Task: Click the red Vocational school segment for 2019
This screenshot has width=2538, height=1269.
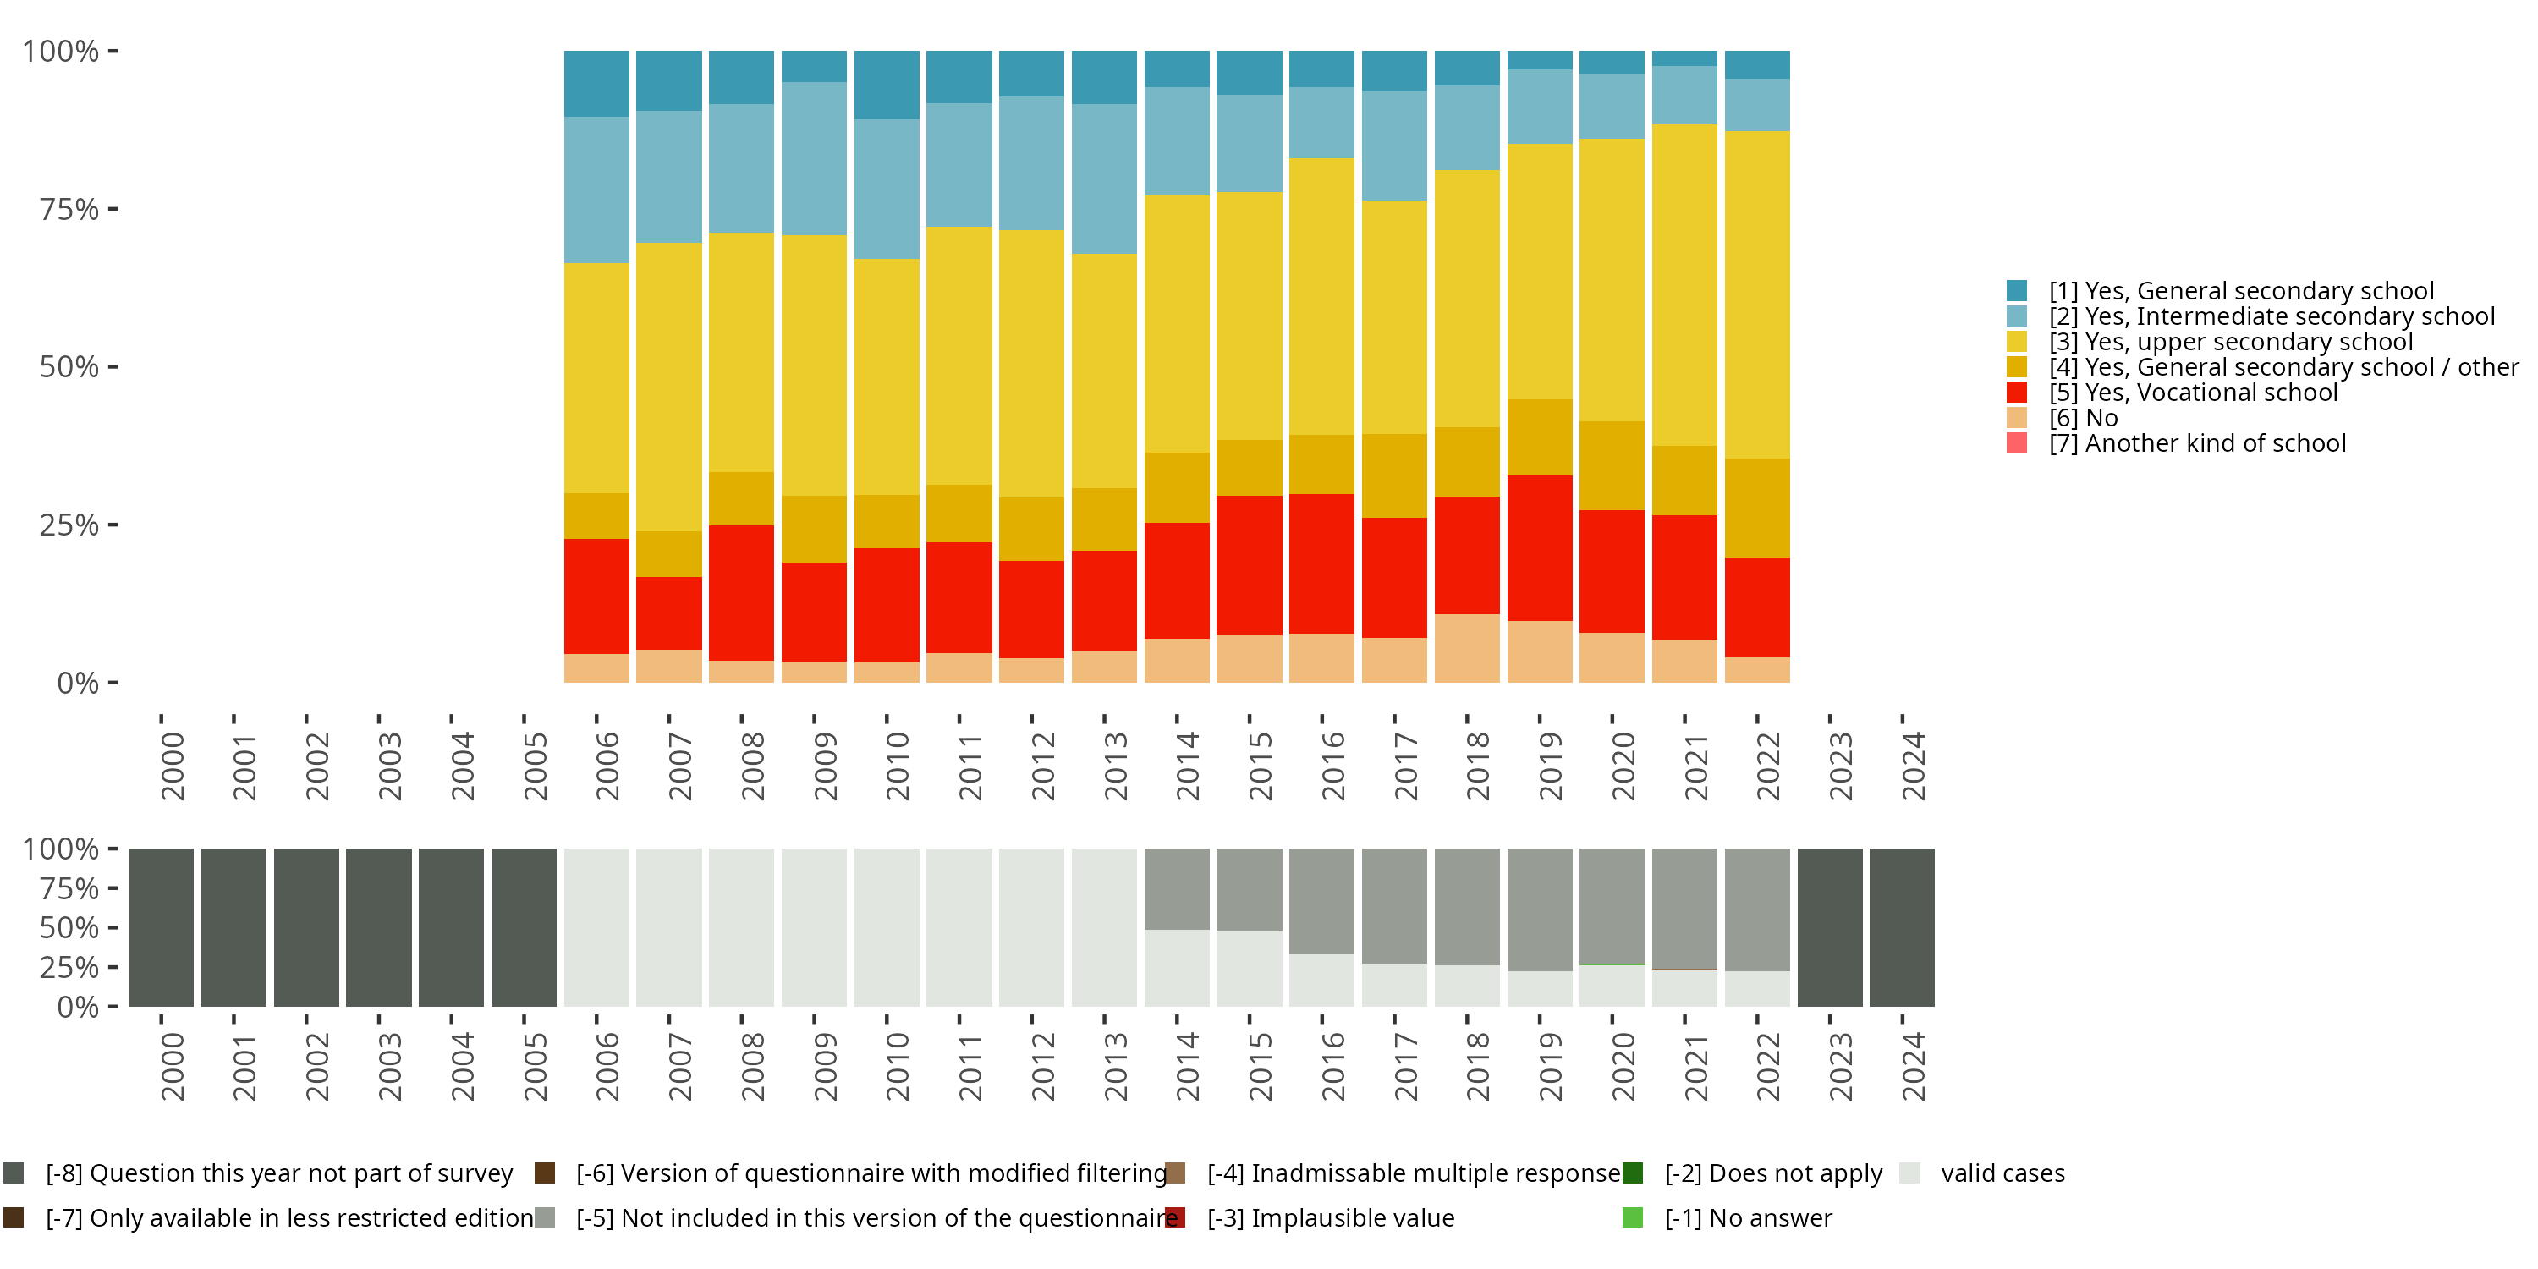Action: [x=1540, y=548]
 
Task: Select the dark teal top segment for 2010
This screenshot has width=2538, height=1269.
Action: [x=887, y=85]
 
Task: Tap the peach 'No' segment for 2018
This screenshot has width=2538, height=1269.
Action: [x=1467, y=648]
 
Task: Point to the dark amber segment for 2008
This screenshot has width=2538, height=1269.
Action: [x=742, y=498]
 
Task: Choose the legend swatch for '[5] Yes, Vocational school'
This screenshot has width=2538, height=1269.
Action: [x=2017, y=393]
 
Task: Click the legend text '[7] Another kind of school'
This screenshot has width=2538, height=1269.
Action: [x=2197, y=443]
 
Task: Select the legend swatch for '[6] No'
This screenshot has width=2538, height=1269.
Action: [x=2017, y=418]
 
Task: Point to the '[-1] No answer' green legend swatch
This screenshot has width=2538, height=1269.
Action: [x=1633, y=1217]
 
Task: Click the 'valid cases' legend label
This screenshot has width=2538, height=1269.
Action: [x=2002, y=1173]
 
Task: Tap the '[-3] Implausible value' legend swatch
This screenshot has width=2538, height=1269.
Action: [x=1174, y=1217]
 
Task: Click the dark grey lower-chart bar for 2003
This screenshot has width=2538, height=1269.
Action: [x=379, y=927]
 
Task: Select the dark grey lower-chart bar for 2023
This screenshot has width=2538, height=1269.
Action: [x=1830, y=927]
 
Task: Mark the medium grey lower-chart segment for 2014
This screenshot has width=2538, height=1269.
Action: [x=1177, y=888]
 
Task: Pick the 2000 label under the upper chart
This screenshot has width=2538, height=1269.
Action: [x=173, y=766]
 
